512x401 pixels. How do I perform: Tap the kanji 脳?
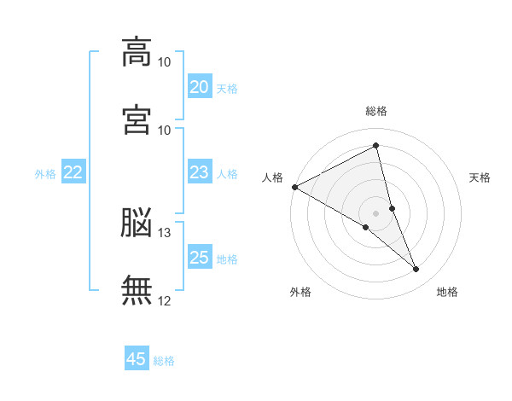coord(137,224)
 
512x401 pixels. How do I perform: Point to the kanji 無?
coord(137,290)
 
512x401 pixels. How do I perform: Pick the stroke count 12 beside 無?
coord(165,300)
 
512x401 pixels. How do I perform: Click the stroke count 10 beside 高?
coord(165,62)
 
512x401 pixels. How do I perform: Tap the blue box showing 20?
coord(199,87)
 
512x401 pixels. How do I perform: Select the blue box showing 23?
coord(199,173)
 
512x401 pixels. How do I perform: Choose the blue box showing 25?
coord(199,258)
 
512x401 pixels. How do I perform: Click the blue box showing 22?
coord(73,173)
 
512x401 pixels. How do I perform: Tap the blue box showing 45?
coord(137,359)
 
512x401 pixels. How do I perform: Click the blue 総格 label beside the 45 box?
coord(164,361)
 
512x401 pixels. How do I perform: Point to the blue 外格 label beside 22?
coord(45,174)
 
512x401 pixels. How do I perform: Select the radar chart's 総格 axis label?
coord(376,111)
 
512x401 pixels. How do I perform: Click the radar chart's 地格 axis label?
coord(447,293)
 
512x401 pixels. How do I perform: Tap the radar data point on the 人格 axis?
coord(294,187)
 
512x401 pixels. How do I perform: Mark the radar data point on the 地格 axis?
coord(416,270)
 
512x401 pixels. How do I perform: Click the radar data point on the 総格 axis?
coord(376,145)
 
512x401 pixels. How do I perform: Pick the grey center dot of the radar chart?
coord(376,212)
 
